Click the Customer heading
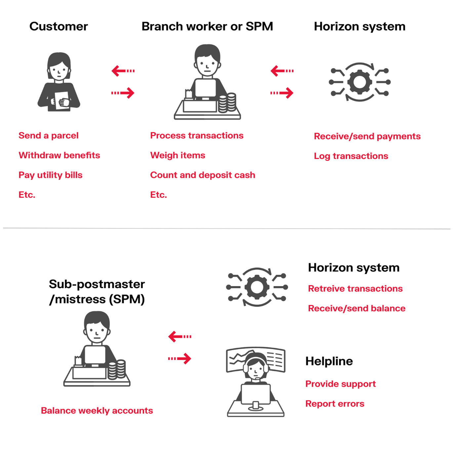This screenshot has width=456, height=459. (x=59, y=26)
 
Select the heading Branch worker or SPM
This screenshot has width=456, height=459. (x=207, y=26)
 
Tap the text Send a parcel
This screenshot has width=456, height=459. (x=48, y=136)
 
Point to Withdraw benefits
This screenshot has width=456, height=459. (x=59, y=155)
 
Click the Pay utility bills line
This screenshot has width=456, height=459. (x=50, y=175)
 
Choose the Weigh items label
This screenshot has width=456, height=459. (x=178, y=155)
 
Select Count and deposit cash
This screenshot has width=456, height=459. (x=202, y=175)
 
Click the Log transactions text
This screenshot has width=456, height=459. (x=351, y=156)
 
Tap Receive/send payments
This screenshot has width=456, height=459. (x=367, y=136)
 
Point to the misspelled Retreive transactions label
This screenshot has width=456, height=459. (x=355, y=289)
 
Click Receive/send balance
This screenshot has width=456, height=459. (x=356, y=309)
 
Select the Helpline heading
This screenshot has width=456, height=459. (x=329, y=361)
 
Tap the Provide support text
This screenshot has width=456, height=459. (x=340, y=384)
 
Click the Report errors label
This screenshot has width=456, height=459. (x=335, y=404)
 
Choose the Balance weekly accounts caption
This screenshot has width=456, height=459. (x=97, y=411)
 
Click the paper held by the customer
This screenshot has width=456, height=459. (x=62, y=100)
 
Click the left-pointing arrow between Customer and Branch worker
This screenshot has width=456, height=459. (x=123, y=71)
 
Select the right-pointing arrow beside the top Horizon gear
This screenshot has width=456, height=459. (x=282, y=93)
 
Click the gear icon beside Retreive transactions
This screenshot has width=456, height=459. (x=257, y=287)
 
